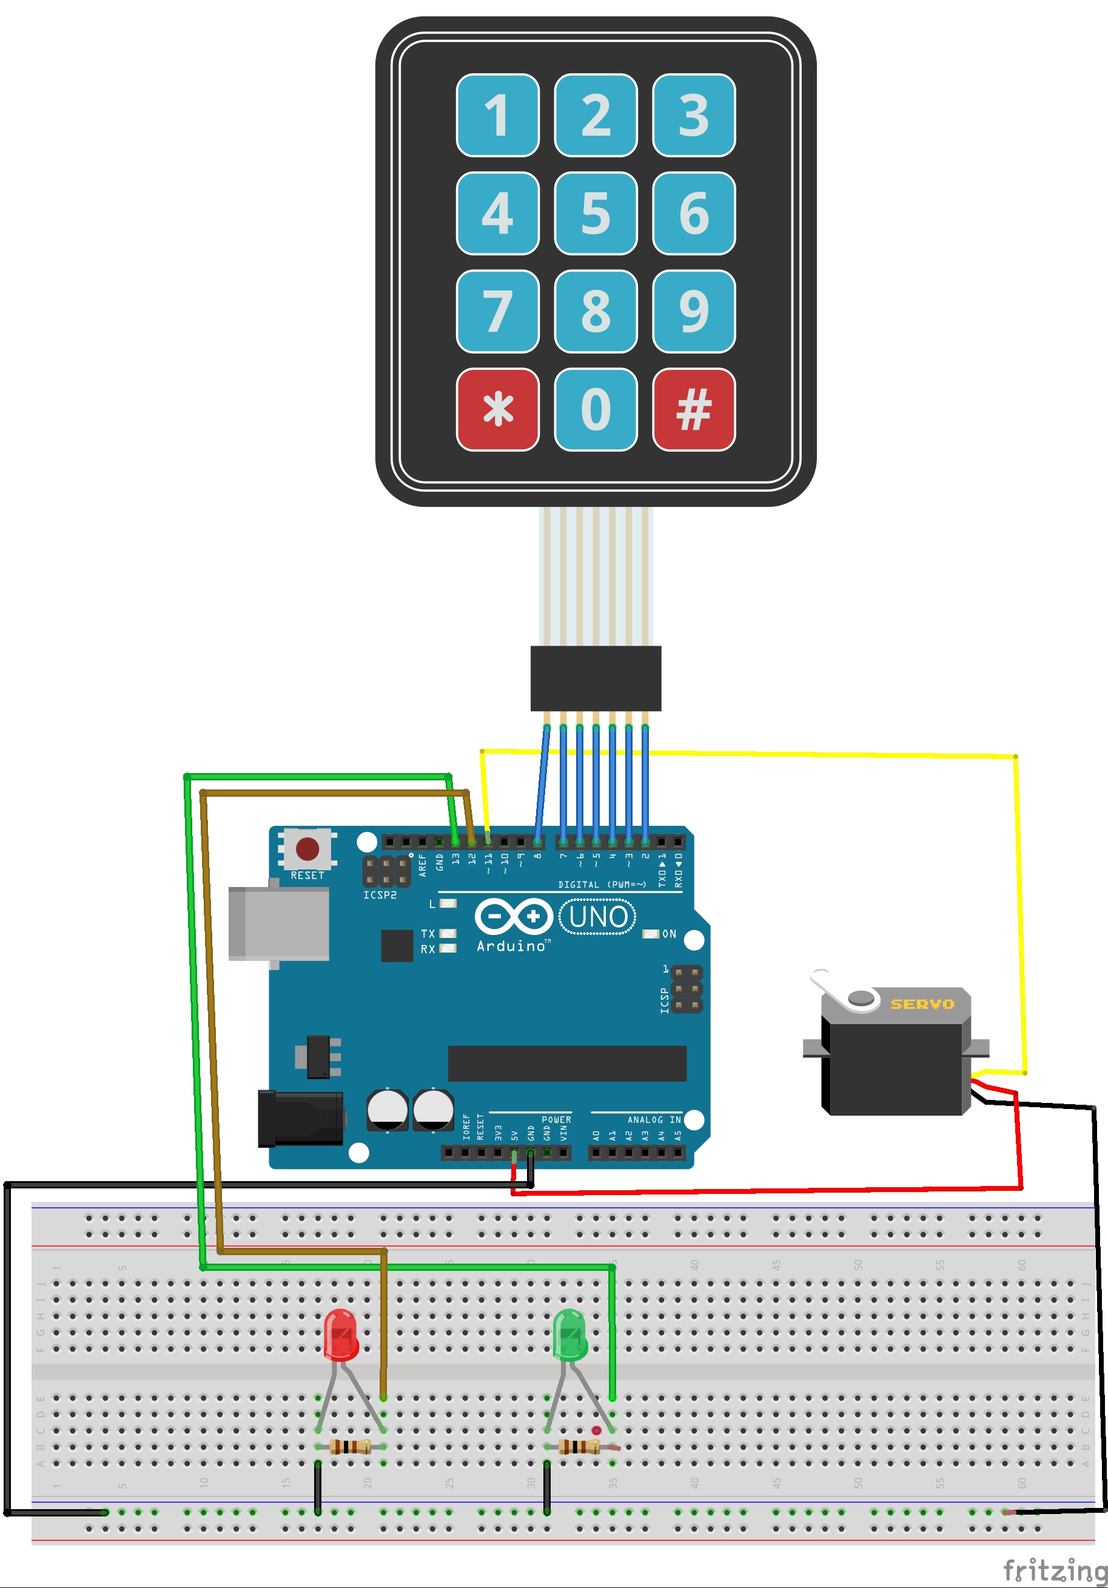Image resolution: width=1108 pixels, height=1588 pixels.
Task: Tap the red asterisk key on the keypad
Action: coord(497,409)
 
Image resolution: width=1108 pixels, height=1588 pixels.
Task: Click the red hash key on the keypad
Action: coord(694,409)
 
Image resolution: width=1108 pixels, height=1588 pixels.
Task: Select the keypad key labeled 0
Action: coord(596,409)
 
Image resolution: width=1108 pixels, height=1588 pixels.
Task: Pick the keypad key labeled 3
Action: coord(694,115)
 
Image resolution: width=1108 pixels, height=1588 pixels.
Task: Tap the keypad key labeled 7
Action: coord(497,311)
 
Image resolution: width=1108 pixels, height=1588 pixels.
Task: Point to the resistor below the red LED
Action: coord(350,1446)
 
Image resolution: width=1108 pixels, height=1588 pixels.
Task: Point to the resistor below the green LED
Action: coord(579,1446)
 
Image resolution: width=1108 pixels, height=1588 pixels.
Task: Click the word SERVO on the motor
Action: coord(921,1003)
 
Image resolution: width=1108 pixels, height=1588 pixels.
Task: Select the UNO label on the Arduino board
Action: coord(597,917)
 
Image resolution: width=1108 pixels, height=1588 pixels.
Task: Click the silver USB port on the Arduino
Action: coord(279,924)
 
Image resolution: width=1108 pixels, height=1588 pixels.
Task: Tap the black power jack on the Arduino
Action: coord(300,1118)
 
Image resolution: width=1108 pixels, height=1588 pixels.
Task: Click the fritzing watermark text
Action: coord(1054,1569)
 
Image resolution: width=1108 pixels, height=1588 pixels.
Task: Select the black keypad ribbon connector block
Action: coord(596,678)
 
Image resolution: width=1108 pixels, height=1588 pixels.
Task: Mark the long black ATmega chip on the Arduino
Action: coord(566,1063)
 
